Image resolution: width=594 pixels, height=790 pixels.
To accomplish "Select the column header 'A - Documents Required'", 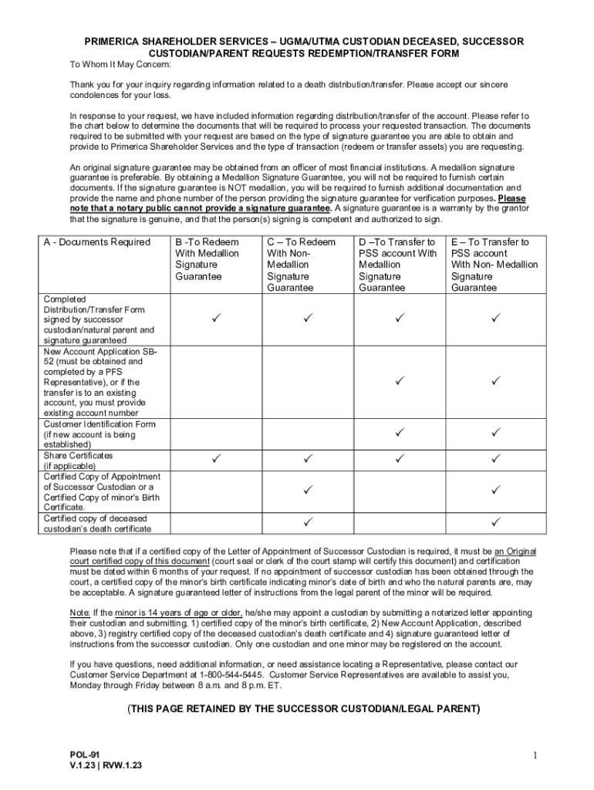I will point(97,242).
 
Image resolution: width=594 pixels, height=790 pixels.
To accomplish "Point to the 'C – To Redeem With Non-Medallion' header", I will point(301,265).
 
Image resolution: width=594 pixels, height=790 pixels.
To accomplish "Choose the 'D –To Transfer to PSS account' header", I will point(397,265).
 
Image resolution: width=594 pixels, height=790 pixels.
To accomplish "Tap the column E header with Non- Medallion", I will point(494,265).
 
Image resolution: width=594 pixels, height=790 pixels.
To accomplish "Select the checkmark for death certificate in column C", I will point(308,523).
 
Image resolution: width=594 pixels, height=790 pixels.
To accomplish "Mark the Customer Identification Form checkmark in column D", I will point(400,433).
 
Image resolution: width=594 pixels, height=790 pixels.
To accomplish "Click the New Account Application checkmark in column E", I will point(496,380).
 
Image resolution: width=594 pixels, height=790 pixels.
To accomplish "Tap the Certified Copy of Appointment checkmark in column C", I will point(308,490).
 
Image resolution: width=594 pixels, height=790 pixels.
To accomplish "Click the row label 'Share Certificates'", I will point(78,455).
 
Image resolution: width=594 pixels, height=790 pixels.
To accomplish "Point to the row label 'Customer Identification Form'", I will point(100,424).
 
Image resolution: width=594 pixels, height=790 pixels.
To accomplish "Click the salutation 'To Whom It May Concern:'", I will point(116,66).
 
